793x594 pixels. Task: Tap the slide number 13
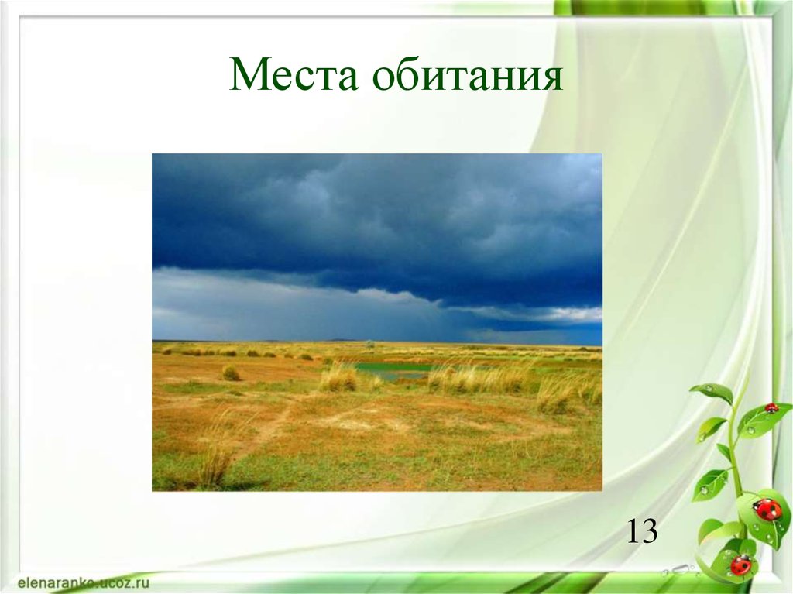(642, 531)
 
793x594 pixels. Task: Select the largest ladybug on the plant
(767, 509)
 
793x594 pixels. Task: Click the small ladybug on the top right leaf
(771, 407)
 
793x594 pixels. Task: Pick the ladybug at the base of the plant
(740, 564)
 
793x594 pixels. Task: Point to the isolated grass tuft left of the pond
(338, 378)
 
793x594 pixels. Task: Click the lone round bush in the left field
(231, 373)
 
